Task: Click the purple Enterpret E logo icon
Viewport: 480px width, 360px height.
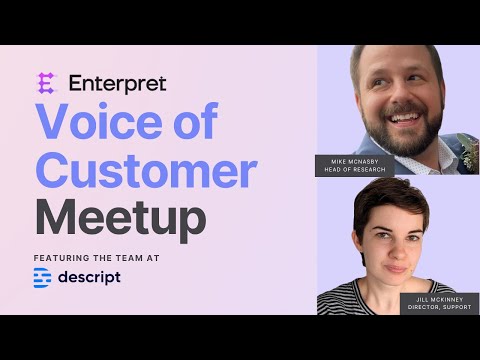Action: coord(46,83)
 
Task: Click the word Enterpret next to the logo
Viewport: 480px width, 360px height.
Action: coord(118,84)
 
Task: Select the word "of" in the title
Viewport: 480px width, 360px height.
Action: coord(196,120)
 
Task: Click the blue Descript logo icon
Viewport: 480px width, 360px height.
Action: coord(42,278)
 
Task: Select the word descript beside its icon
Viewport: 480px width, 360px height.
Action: coord(89,277)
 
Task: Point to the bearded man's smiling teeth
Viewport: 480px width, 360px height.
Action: coord(404,118)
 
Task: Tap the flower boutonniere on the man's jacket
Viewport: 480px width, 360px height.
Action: coord(470,153)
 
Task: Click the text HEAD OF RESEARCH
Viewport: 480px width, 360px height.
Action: coord(355,170)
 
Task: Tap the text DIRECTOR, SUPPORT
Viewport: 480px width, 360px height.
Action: coord(439,307)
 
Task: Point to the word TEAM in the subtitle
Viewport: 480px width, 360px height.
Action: coord(129,258)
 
